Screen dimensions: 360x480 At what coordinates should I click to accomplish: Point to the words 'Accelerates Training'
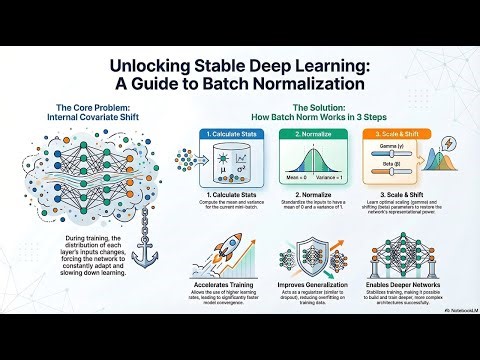[x=209, y=300]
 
